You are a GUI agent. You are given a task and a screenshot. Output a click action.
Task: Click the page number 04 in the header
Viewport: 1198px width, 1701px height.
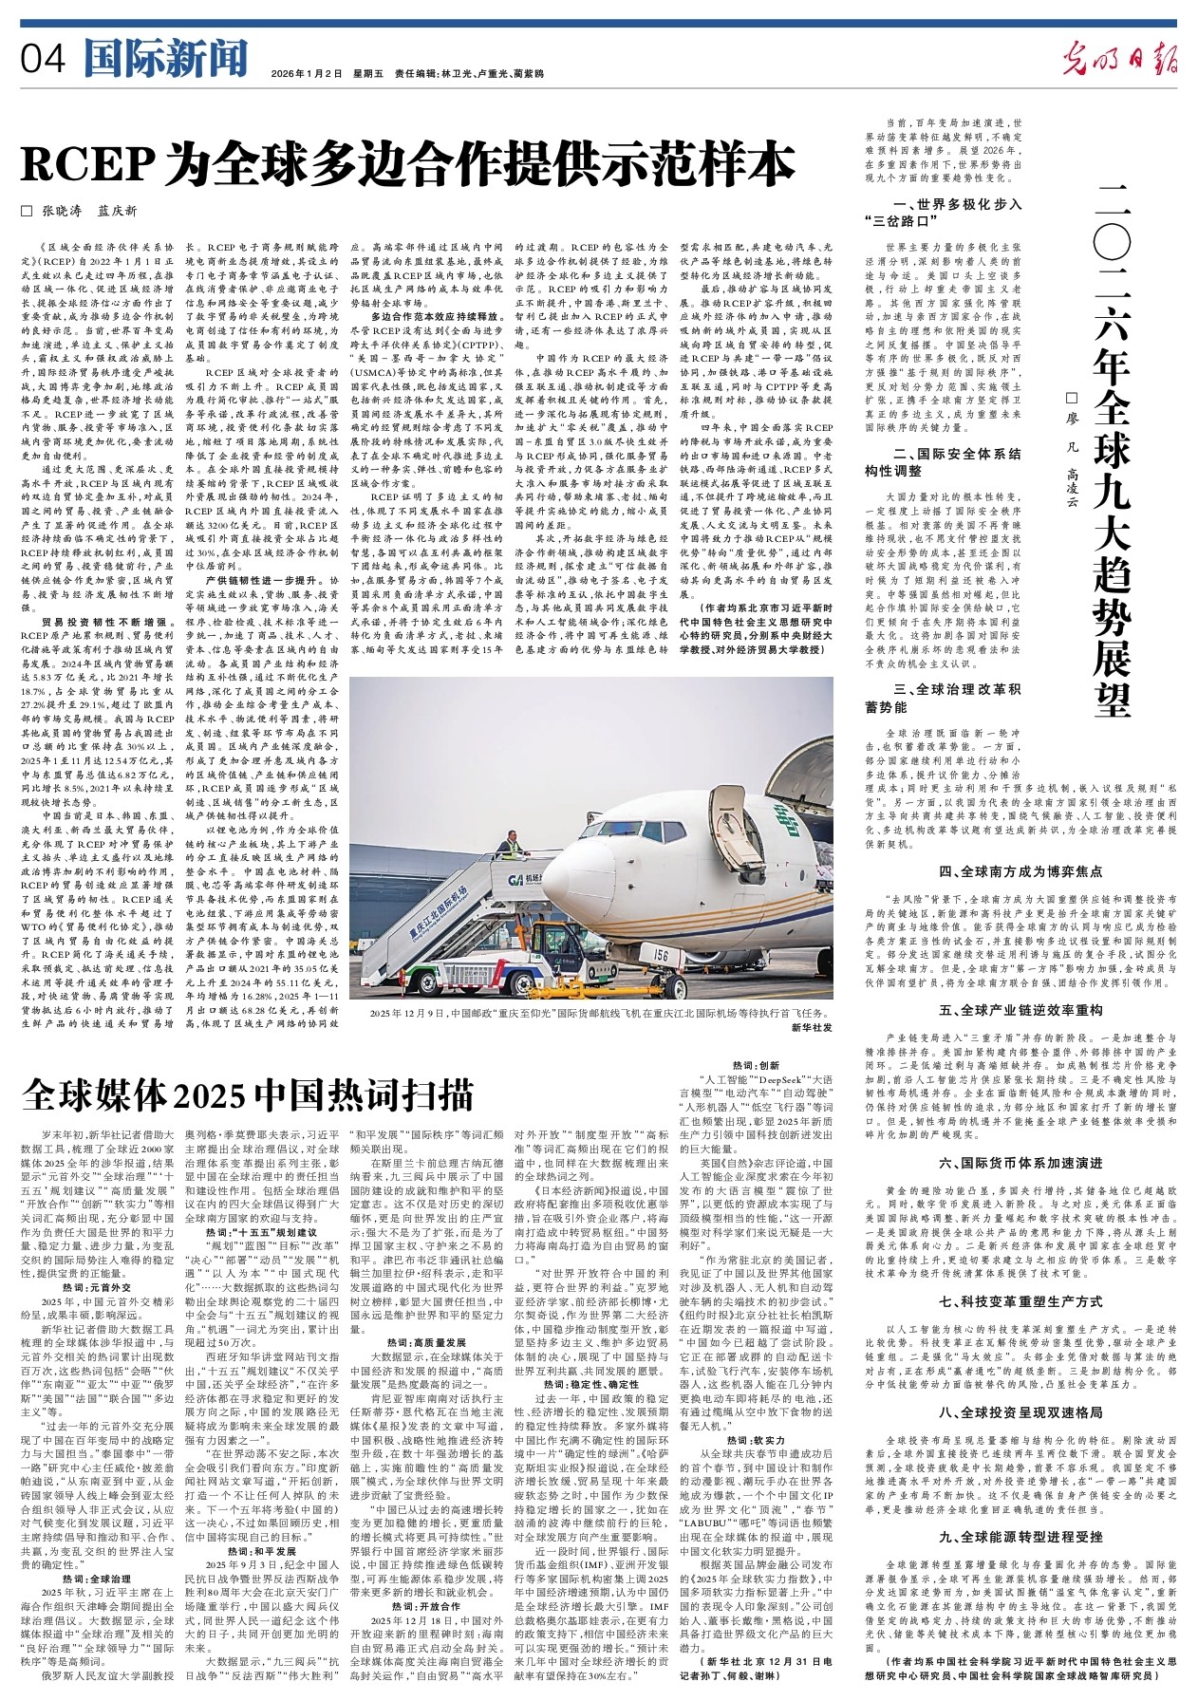(x=43, y=60)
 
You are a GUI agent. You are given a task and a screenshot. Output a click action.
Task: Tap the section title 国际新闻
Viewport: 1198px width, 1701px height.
(x=165, y=59)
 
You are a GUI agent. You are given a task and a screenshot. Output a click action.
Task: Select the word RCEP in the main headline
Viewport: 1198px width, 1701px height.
(x=85, y=163)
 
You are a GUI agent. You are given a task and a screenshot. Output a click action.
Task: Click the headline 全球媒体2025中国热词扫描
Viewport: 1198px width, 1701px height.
(x=247, y=1093)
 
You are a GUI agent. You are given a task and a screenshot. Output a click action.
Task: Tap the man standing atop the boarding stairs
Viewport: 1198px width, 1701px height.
(x=511, y=844)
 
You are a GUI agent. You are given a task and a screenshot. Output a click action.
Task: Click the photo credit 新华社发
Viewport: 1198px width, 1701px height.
(x=811, y=1028)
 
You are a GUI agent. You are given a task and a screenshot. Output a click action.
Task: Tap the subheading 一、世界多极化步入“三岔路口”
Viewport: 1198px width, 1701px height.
(x=954, y=212)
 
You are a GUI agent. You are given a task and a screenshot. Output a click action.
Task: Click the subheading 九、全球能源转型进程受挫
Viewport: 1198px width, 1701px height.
(x=1020, y=1536)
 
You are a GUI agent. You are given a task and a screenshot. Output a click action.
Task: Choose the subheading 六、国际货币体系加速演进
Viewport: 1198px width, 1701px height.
(x=1020, y=1163)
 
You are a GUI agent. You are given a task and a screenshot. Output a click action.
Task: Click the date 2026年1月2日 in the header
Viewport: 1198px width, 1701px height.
(x=305, y=73)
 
